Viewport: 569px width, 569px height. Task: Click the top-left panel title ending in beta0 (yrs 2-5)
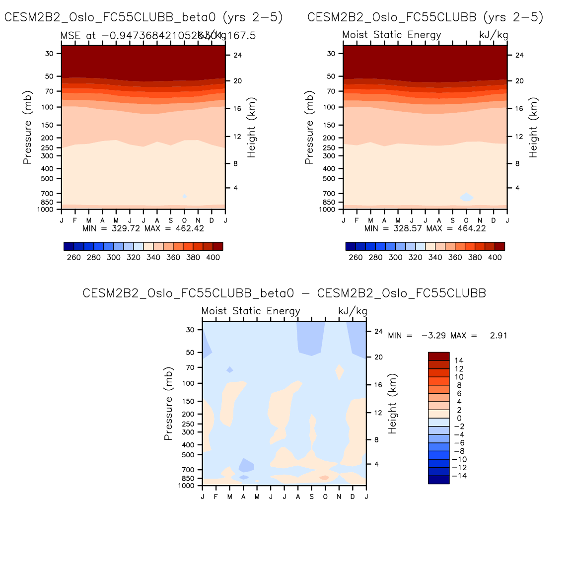pos(143,17)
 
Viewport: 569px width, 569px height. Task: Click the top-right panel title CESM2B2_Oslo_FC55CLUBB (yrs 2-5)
pos(426,17)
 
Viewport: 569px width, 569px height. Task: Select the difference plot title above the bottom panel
pos(284,293)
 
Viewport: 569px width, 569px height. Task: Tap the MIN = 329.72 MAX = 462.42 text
pos(143,228)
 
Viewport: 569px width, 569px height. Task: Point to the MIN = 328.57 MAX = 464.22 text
pos(425,228)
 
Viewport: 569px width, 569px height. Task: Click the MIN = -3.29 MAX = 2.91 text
pos(447,336)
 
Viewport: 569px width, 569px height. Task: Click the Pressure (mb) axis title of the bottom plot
pos(168,404)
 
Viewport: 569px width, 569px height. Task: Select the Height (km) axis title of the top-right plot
pos(533,128)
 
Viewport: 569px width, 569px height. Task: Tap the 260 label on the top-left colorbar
pos(73,258)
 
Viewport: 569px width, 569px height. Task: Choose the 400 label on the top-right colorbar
pos(495,258)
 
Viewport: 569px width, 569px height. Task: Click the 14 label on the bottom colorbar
pos(459,360)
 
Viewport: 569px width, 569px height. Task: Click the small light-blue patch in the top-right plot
pos(466,197)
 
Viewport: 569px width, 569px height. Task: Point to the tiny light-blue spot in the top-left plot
pos(185,197)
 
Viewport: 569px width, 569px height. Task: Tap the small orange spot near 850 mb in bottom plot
pos(324,478)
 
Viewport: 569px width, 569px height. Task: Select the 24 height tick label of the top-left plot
pos(237,55)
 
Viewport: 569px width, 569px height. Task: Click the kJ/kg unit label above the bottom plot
pos(353,311)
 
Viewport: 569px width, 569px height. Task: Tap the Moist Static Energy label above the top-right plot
pos(392,35)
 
